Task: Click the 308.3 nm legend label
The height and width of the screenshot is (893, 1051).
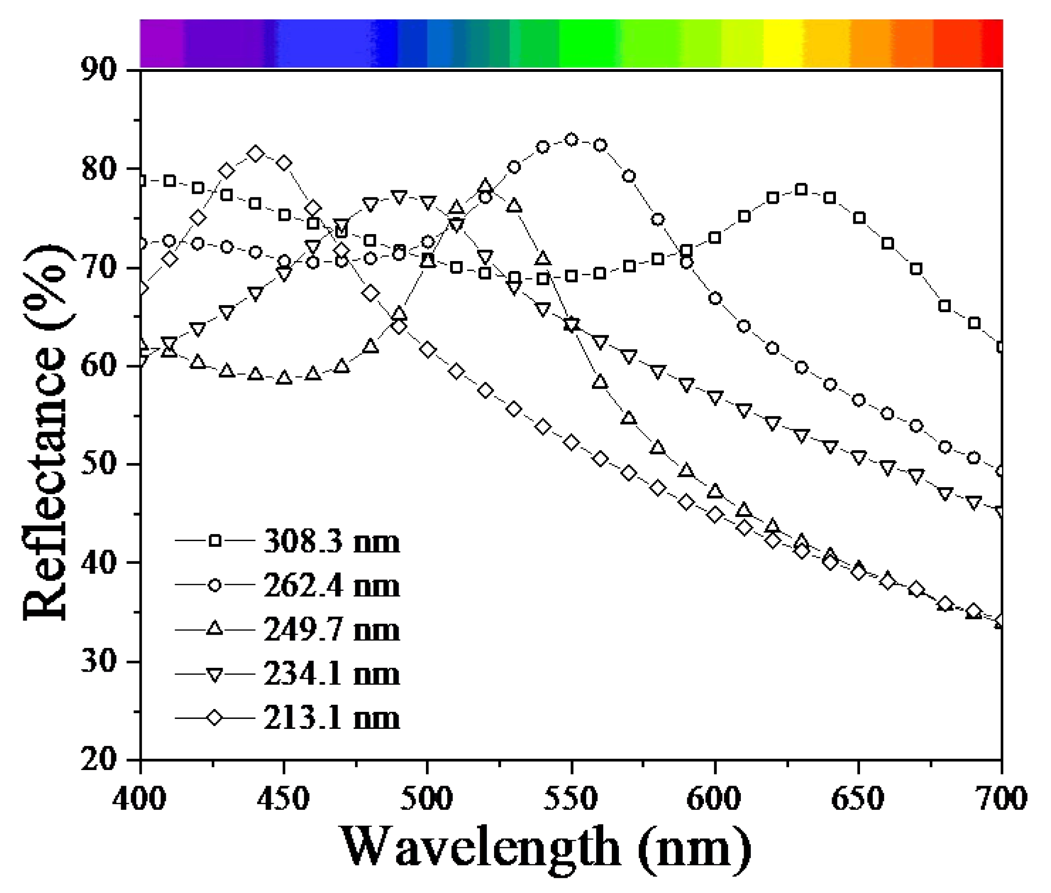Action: (x=331, y=541)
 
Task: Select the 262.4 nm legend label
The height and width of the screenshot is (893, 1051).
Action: (x=331, y=586)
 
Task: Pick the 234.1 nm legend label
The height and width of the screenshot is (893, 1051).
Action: (x=331, y=674)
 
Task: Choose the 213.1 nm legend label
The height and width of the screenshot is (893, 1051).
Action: (x=331, y=718)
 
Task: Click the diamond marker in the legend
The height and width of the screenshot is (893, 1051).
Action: (x=215, y=718)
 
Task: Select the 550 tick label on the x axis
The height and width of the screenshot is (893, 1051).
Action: (x=571, y=798)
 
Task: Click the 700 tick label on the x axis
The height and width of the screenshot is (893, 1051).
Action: (x=1001, y=798)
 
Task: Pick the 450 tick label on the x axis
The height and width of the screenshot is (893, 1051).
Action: (x=284, y=798)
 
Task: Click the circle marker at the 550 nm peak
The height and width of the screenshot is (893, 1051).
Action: (x=571, y=140)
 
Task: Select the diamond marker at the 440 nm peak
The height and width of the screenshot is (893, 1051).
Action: (x=256, y=153)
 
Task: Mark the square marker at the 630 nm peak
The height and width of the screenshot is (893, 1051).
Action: (x=801, y=190)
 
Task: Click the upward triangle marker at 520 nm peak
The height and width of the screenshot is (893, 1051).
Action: (x=485, y=185)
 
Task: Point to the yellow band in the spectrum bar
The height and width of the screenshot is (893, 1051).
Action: (x=783, y=44)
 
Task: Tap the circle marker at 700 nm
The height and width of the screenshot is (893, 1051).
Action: (x=1000, y=471)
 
